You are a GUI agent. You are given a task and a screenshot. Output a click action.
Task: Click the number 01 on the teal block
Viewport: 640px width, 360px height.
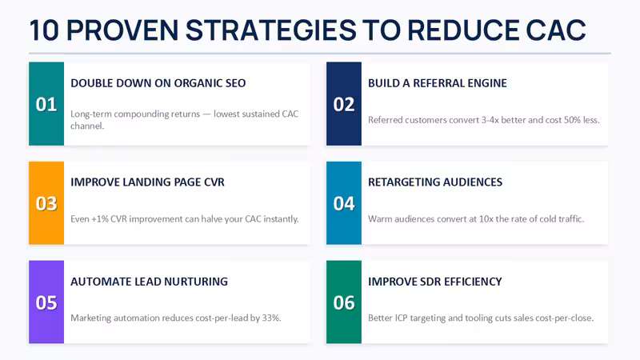(x=46, y=105)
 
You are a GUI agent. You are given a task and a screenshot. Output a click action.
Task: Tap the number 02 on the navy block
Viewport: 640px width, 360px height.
(x=344, y=105)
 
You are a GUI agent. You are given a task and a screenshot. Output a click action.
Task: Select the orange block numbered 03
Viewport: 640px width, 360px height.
(x=46, y=203)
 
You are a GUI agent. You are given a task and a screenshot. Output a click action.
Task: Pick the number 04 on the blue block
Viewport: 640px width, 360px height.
(x=344, y=204)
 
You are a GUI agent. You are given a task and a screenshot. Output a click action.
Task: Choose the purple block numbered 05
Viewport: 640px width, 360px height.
(x=46, y=302)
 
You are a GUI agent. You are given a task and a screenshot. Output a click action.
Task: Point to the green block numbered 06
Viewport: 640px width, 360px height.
(x=344, y=302)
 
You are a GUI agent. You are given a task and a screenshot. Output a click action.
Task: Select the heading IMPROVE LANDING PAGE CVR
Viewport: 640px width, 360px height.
(x=147, y=182)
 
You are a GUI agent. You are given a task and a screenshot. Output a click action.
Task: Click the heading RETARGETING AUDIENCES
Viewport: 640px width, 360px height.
(x=435, y=182)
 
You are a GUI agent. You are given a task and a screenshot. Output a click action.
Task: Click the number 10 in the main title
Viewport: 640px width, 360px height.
(x=45, y=30)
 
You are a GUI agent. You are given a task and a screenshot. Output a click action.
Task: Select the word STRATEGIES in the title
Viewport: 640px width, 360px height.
(x=271, y=30)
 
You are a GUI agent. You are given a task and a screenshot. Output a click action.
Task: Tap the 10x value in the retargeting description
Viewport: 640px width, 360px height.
(x=486, y=219)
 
